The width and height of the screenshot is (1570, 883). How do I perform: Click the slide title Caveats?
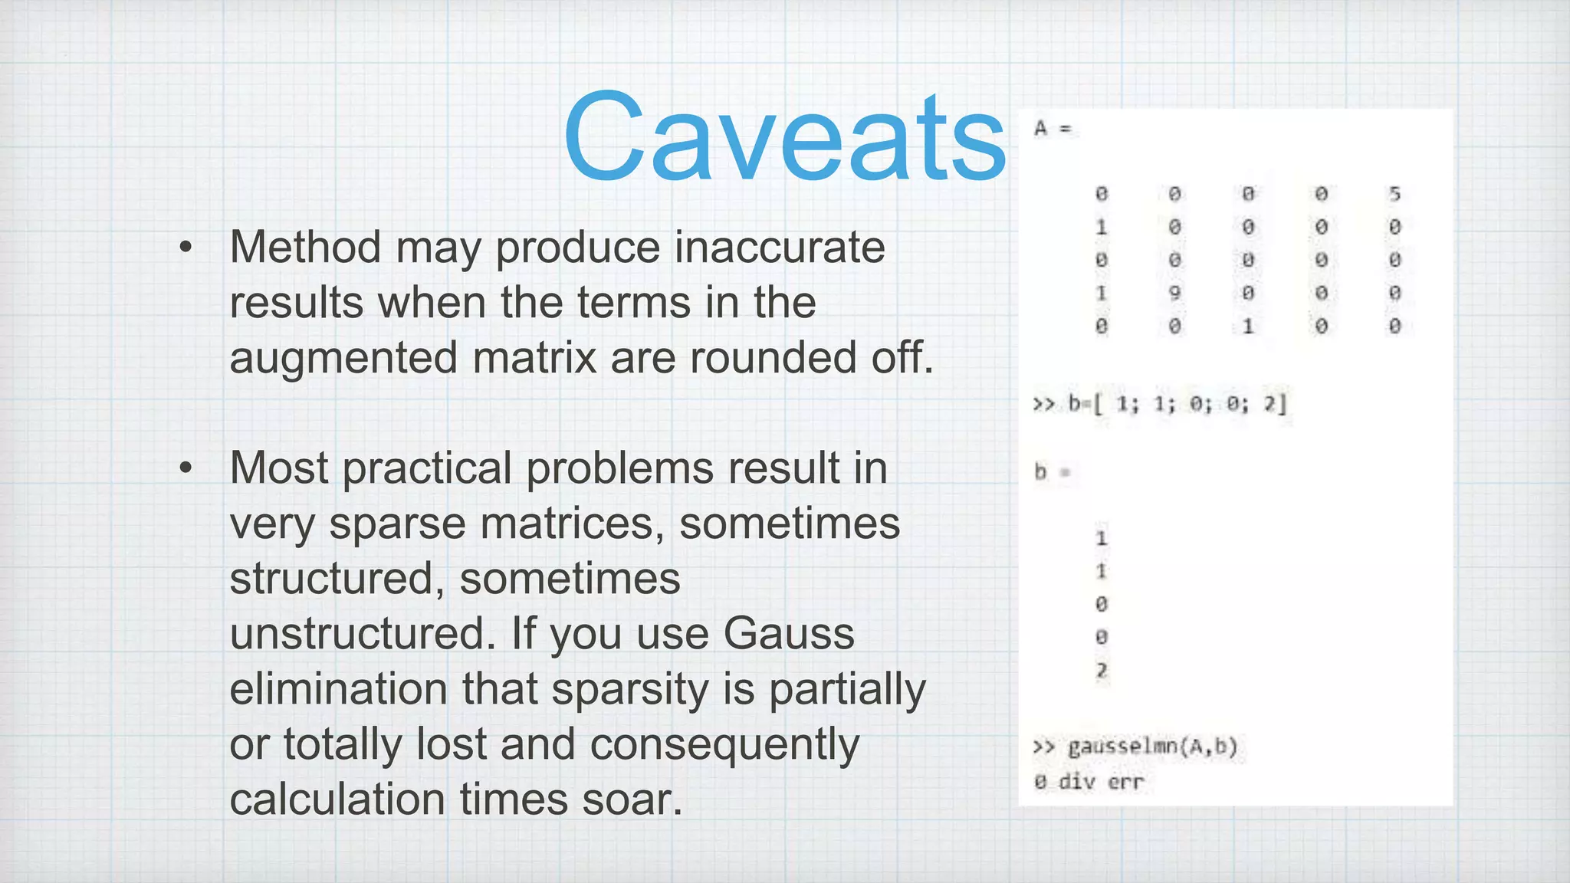784,138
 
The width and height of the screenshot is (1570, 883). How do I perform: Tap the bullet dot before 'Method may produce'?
186,248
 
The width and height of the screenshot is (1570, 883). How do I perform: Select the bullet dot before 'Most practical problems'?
186,468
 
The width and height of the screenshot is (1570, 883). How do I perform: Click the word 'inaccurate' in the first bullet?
780,248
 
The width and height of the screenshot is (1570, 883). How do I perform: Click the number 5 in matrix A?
1394,194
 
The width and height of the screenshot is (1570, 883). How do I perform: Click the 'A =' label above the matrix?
1052,128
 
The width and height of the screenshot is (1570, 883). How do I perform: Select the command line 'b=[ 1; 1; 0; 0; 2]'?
1177,404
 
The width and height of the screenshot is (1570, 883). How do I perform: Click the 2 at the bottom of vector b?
1102,671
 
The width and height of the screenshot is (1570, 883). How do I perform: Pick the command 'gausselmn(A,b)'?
1152,747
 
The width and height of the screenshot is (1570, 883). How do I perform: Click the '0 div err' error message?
1089,782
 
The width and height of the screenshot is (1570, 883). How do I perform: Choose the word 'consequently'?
724,744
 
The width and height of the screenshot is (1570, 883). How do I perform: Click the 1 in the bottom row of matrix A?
1248,327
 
